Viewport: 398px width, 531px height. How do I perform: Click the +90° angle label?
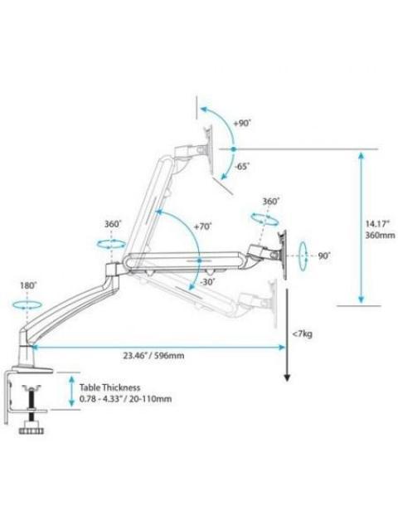coord(242,124)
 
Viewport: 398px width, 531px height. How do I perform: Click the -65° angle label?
coord(242,166)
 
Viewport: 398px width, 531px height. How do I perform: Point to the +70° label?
coord(202,227)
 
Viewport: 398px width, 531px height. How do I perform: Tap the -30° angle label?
coord(208,282)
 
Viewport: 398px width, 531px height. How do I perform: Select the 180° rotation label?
coord(27,285)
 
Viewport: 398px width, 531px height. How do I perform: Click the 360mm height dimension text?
coord(380,235)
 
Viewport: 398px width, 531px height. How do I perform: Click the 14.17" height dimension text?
coord(377,224)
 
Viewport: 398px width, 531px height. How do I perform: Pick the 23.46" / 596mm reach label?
coord(153,356)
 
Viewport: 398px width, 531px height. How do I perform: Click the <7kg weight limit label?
coord(303,334)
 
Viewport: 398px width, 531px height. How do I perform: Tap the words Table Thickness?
coord(109,387)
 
